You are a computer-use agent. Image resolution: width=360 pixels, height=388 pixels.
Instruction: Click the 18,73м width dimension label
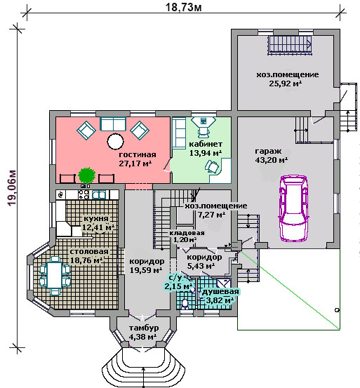183,7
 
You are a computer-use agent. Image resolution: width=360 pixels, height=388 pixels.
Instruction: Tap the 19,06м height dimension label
12,188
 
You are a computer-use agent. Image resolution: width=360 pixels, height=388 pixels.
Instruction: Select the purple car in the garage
294,208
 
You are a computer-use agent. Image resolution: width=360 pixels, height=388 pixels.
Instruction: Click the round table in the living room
115,141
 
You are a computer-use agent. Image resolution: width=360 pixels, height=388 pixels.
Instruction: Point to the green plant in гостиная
86,175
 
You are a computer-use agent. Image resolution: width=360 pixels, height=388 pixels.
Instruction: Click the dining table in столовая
55,276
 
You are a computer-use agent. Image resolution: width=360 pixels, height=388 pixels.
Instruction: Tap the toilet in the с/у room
185,305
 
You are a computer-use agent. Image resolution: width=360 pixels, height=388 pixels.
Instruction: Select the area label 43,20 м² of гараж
271,160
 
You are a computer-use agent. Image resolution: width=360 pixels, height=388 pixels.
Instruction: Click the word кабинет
206,144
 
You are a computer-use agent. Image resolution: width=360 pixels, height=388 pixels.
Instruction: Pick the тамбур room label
144,328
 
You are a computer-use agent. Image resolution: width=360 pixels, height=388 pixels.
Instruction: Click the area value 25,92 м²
286,83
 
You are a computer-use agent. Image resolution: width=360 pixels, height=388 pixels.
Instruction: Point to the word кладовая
187,233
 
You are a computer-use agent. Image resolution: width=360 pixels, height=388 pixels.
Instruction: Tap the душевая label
220,292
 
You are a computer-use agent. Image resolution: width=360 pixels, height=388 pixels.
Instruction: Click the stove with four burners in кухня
84,194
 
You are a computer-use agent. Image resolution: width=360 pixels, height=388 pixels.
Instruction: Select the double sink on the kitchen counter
99,195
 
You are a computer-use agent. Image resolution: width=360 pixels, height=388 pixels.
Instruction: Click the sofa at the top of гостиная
113,124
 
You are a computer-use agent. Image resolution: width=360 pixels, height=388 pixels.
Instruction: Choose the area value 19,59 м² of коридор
146,270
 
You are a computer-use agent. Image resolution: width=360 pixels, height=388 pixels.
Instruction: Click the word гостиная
138,155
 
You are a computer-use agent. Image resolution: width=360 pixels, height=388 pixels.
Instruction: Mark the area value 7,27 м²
211,215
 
